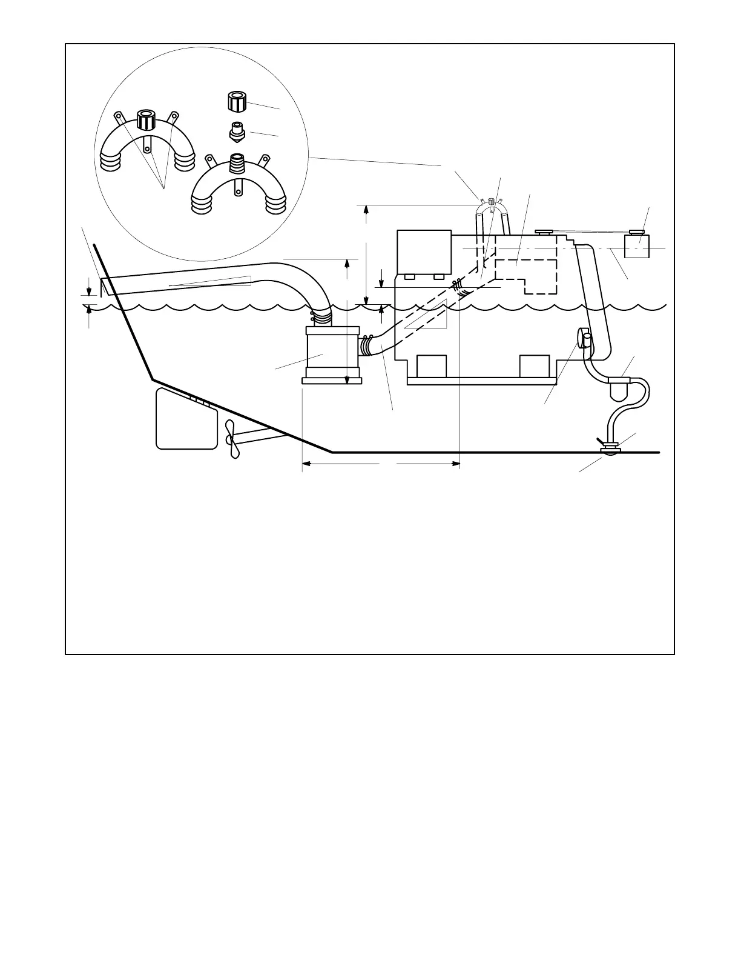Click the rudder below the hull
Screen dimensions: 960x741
pyautogui.click(x=186, y=419)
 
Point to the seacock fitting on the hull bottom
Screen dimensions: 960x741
pyautogui.click(x=608, y=448)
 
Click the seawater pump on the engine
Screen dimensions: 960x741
pyautogui.click(x=585, y=338)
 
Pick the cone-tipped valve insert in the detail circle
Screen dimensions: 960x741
pyautogui.click(x=237, y=132)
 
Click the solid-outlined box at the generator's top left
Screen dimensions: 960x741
pyautogui.click(x=424, y=252)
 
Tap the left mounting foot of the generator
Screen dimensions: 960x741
pyautogui.click(x=432, y=365)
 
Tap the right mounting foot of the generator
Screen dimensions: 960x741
pyautogui.click(x=535, y=365)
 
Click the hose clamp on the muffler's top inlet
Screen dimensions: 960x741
pyautogui.click(x=321, y=316)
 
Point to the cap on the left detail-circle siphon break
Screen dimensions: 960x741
pyautogui.click(x=145, y=119)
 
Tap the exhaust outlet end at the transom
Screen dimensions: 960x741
pyautogui.click(x=105, y=286)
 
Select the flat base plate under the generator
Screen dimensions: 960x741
pyautogui.click(x=482, y=381)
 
